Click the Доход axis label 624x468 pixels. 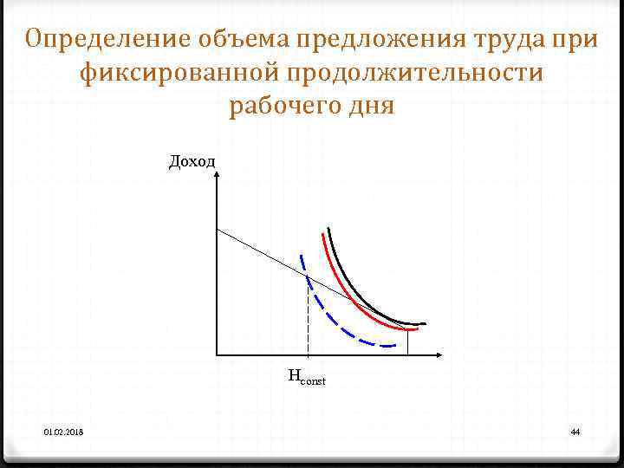coord(192,161)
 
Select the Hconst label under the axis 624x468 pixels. coord(306,377)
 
